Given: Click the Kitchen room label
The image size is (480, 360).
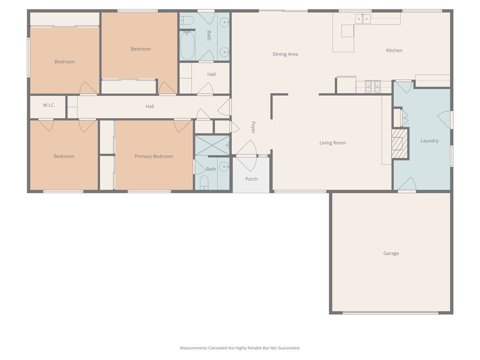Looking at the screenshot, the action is (394, 51).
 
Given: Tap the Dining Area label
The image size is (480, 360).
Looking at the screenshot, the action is (285, 54).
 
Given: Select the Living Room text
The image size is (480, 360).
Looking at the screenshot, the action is (332, 142).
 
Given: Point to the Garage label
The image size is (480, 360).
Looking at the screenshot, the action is (391, 253).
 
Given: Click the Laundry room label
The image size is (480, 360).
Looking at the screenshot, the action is (429, 141).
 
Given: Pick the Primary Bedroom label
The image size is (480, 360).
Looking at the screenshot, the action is (154, 157).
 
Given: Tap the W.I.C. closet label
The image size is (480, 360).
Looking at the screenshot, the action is (49, 105).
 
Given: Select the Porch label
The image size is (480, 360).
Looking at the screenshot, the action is (251, 179).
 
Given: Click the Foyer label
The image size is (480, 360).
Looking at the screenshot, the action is (253, 127).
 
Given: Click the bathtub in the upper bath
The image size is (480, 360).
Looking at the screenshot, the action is (187, 45).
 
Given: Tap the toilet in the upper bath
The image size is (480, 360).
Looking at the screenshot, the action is (187, 21).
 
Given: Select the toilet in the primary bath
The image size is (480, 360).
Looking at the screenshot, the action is (204, 183).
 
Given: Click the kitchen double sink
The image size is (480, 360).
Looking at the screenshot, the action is (363, 19).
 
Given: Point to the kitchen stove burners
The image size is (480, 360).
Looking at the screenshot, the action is (373, 87).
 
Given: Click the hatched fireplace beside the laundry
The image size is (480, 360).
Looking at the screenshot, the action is (400, 143).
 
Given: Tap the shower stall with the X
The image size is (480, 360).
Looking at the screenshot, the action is (212, 145).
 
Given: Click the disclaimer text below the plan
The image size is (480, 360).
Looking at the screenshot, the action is (240, 348).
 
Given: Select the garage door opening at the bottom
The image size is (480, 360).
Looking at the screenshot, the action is (390, 313).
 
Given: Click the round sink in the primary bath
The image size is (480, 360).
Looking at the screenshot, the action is (225, 167).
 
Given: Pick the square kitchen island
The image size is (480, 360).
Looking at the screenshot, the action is (347, 31).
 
